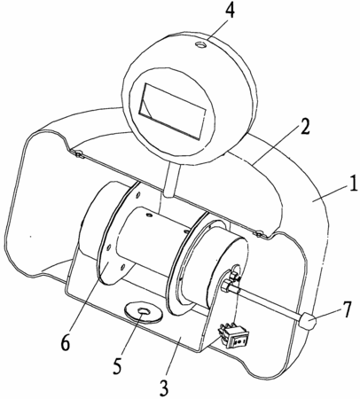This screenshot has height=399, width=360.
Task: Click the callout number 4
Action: pos(230,12)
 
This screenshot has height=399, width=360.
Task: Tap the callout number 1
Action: pos(352,183)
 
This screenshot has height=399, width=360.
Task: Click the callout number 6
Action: pos(66,343)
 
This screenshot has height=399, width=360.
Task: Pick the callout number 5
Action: pos(117,366)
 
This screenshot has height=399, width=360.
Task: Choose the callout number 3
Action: pos(163,387)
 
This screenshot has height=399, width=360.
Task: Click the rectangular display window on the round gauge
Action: pos(172,111)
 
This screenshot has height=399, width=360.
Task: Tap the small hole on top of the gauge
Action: pos(200,45)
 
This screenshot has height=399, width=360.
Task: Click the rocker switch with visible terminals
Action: pos(233,336)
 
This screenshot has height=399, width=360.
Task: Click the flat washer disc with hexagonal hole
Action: pos(143,312)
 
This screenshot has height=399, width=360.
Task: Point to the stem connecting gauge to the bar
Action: pos(171,180)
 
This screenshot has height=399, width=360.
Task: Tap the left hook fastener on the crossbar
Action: pos(78,154)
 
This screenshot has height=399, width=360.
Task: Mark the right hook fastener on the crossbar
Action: pos(259,234)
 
